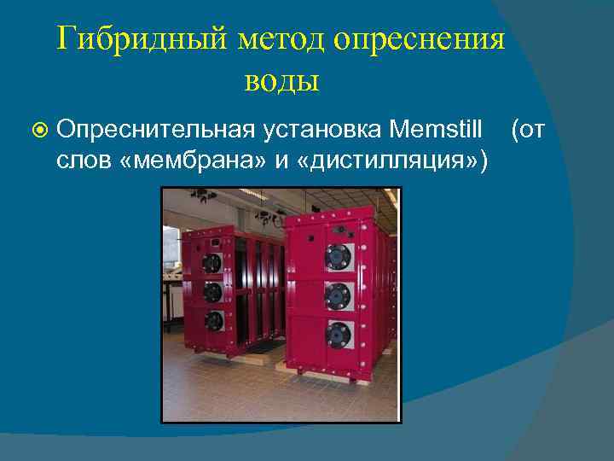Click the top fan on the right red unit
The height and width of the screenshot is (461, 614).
tap(339, 255)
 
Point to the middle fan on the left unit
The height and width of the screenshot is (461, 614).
tap(213, 292)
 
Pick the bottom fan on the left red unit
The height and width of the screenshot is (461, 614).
tap(214, 321)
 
